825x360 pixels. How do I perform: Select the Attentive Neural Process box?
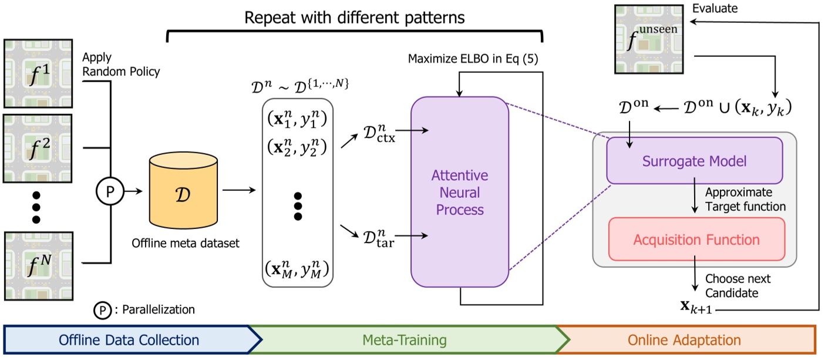tap(460, 193)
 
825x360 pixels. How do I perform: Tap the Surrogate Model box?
tap(694, 161)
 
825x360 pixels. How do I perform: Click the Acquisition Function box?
tap(696, 239)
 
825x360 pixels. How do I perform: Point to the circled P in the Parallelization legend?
tap(103, 309)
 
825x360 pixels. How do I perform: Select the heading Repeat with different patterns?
tap(355, 18)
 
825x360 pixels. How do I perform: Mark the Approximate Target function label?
tap(745, 200)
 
